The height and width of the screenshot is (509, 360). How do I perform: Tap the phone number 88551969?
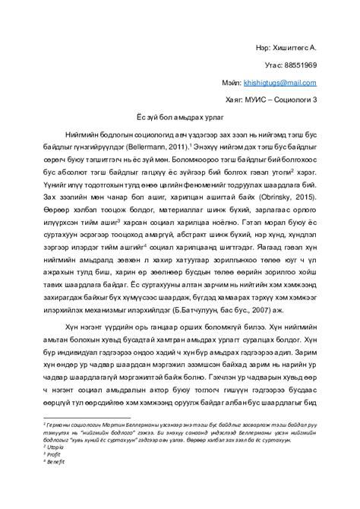(x=300, y=65)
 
